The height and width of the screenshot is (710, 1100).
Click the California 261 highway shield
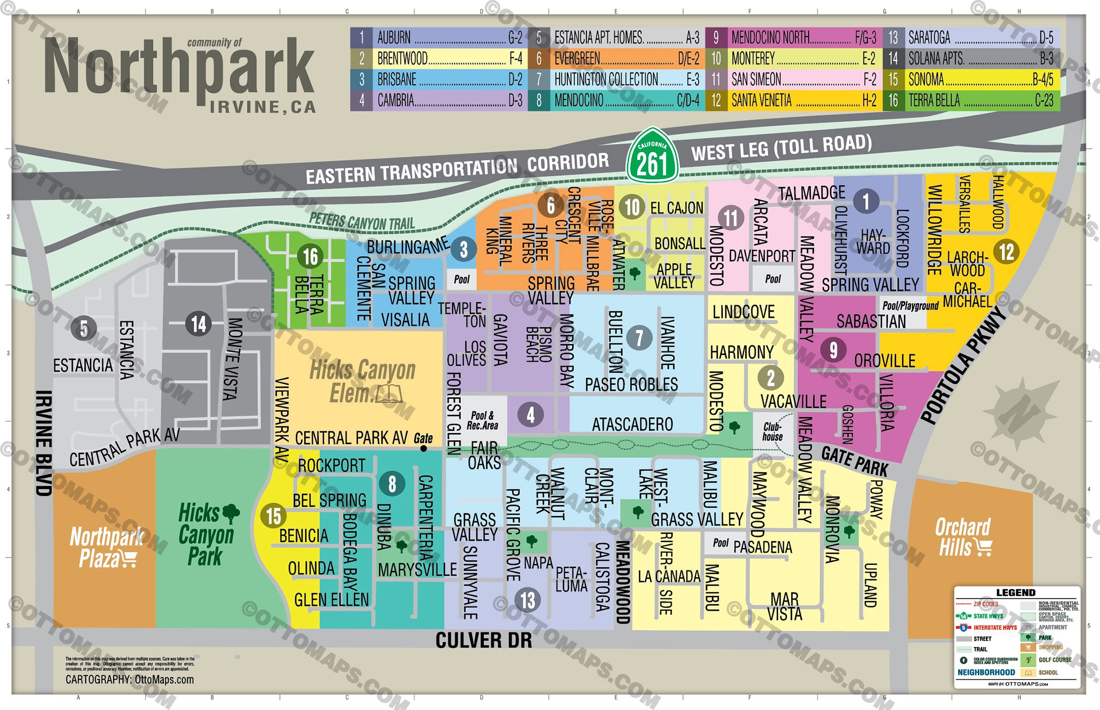click(652, 156)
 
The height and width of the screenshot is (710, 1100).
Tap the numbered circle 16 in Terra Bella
click(310, 257)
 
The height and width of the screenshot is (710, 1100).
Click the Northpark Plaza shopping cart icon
click(129, 559)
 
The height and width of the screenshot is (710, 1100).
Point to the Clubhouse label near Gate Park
click(773, 431)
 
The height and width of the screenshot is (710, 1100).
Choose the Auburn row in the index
click(438, 38)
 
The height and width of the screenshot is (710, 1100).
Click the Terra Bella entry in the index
click(970, 100)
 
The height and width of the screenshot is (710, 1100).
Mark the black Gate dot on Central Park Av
click(423, 448)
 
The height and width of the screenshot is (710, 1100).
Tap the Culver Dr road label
click(484, 640)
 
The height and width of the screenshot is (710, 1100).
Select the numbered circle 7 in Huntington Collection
click(639, 338)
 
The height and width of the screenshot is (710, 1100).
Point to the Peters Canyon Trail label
click(362, 221)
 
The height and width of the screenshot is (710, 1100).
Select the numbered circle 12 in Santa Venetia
click(1006, 252)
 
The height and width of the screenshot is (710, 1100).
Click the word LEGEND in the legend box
click(1015, 592)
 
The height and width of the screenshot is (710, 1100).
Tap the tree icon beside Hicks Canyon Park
click(231, 513)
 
